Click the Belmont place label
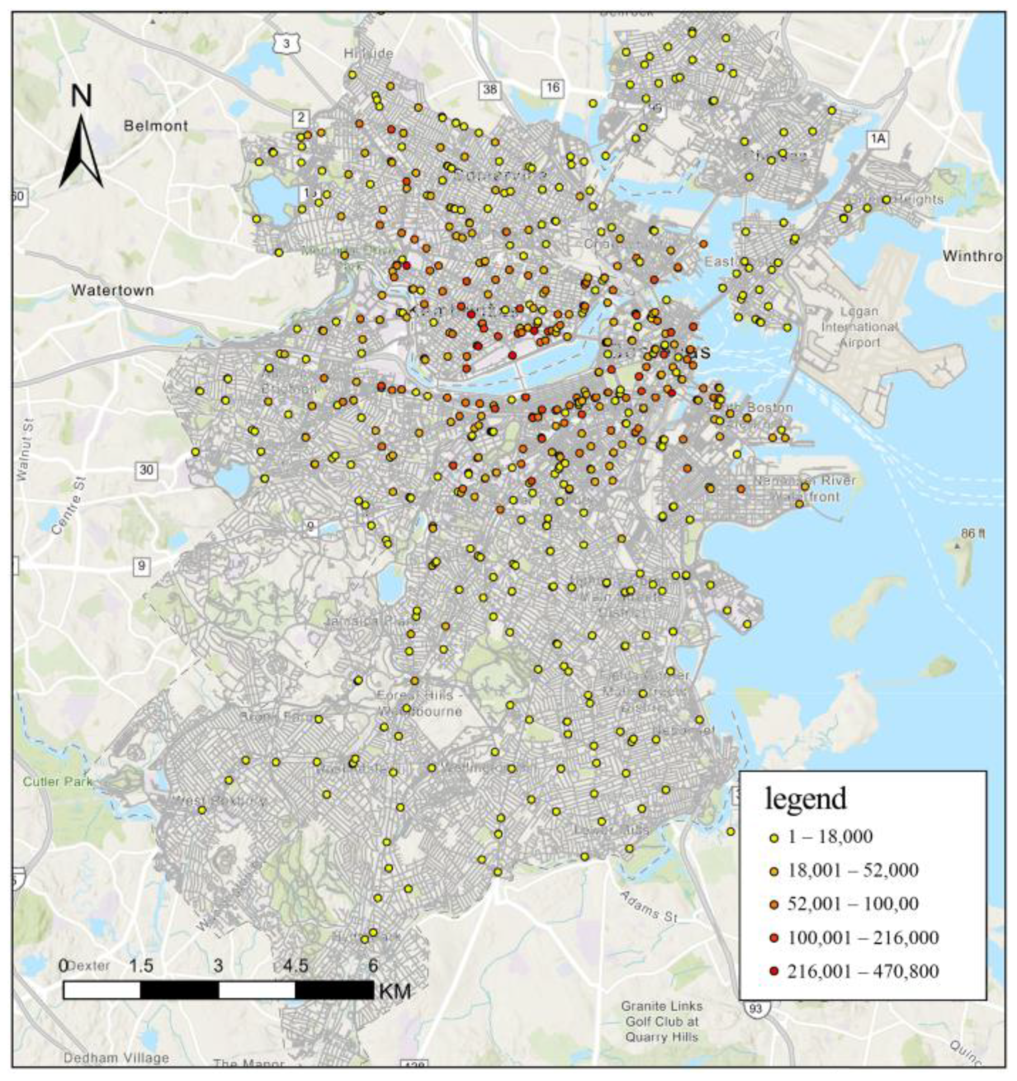tap(156, 126)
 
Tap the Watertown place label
tap(113, 290)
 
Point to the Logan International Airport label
tap(859, 327)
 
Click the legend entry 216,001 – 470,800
tap(862, 971)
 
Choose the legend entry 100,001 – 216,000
tap(862, 937)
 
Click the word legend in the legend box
tap(806, 799)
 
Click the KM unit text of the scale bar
tap(395, 991)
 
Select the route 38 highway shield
tap(490, 90)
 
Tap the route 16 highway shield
tap(552, 87)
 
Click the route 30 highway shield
tap(146, 470)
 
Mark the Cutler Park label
tap(58, 782)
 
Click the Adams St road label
tap(648, 907)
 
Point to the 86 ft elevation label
tap(973, 533)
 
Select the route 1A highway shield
tap(877, 139)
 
